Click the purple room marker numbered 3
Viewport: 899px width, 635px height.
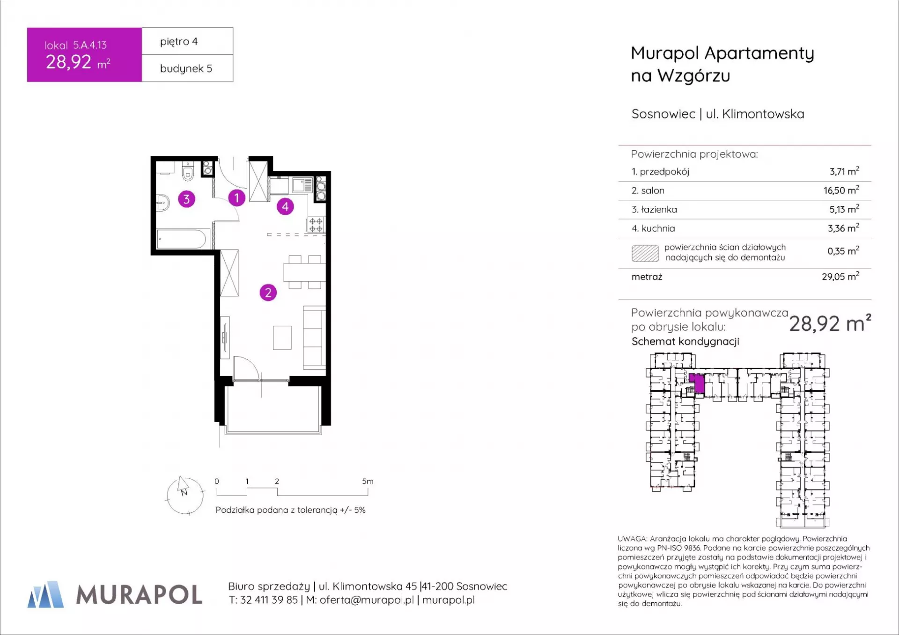coord(186,199)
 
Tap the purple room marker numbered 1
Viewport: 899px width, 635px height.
coord(236,198)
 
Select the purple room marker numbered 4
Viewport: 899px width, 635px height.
coord(285,206)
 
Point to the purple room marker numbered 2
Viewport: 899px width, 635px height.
coord(268,292)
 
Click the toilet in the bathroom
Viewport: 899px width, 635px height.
coord(188,172)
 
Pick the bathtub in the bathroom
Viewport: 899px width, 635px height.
coord(181,239)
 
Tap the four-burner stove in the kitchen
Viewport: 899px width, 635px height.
coord(316,225)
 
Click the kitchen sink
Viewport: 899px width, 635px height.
coord(302,185)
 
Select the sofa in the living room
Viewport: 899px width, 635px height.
coord(314,337)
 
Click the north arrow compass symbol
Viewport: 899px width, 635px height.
coord(185,495)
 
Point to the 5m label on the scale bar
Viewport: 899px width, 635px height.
coord(368,481)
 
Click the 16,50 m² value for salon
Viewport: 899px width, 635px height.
coord(841,190)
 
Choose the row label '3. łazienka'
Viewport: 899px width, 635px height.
coord(654,210)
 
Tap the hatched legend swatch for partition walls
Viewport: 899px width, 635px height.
coord(645,253)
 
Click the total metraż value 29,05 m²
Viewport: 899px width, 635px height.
coord(840,276)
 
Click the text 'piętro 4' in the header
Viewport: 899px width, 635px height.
coord(178,42)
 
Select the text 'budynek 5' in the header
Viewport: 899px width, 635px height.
coord(186,68)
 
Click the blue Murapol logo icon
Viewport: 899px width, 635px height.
coord(45,594)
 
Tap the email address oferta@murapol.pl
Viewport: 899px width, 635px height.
coord(367,600)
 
